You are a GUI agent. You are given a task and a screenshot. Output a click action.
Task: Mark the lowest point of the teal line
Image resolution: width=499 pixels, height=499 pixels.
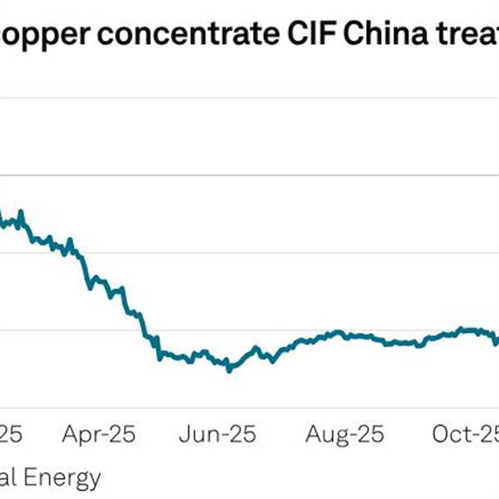(229, 370)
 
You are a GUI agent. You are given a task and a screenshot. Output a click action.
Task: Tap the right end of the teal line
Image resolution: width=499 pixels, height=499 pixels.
(497, 337)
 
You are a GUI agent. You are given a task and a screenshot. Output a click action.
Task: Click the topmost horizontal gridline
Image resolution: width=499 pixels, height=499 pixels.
(249, 98)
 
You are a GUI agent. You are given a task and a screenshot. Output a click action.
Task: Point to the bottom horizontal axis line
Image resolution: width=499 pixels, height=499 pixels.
(249, 408)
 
